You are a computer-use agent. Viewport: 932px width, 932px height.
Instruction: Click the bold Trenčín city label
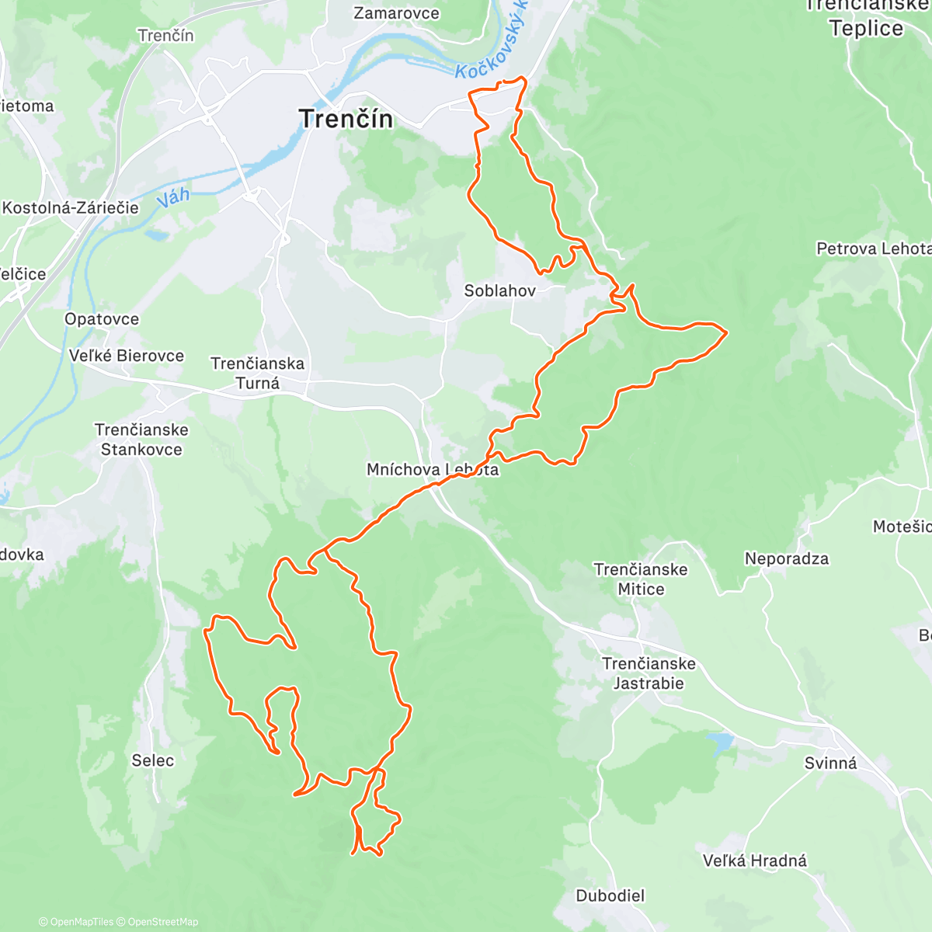[x=346, y=119]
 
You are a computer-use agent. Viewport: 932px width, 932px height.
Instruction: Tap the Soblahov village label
[x=499, y=291]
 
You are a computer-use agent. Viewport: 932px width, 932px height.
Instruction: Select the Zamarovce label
[x=396, y=13]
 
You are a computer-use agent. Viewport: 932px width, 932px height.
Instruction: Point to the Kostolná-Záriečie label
[x=70, y=207]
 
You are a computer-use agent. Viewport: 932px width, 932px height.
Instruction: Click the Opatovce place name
[x=102, y=319]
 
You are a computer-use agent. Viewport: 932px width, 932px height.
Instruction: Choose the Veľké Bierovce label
[x=127, y=356]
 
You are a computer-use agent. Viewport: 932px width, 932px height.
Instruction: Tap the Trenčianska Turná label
[x=258, y=373]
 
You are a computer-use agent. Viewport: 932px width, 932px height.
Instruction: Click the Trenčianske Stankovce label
[x=141, y=440]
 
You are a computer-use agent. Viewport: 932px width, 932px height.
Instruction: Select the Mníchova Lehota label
[x=433, y=469]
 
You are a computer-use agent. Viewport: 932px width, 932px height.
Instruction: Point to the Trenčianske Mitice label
[x=641, y=579]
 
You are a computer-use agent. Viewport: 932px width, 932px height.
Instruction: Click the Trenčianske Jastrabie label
[x=649, y=673]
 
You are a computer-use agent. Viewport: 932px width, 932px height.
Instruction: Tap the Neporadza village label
[x=786, y=558]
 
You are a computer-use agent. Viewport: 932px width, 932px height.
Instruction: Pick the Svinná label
[x=830, y=763]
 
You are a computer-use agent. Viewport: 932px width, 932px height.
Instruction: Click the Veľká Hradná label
[x=754, y=861]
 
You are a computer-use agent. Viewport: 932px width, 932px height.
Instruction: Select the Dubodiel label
[x=610, y=895]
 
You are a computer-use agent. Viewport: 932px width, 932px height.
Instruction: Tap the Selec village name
[x=153, y=760]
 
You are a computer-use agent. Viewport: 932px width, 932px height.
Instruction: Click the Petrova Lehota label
[x=873, y=249]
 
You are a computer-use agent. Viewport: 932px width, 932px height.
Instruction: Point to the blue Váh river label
[x=173, y=197]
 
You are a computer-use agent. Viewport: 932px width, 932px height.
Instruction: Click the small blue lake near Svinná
[x=722, y=742]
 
